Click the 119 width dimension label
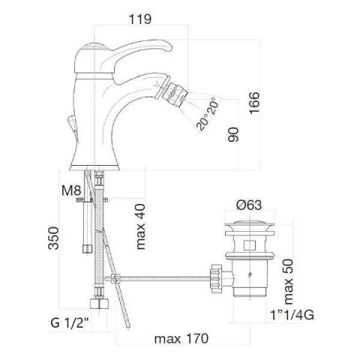click(140, 19)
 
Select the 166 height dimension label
click(254, 103)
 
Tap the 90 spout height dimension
click(233, 134)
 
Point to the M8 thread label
click(71, 190)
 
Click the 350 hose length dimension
click(53, 238)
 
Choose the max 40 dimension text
click(141, 226)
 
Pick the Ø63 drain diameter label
click(249, 205)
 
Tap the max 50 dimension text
click(288, 281)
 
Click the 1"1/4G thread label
click(292, 315)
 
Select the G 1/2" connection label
click(70, 322)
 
